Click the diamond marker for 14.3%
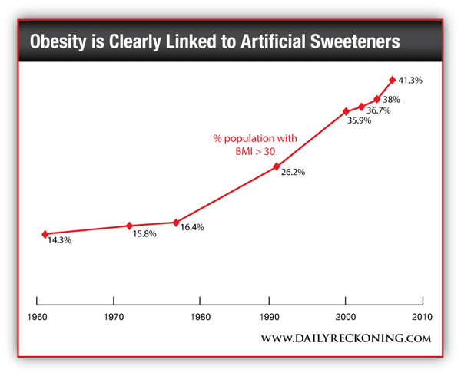[x=45, y=234]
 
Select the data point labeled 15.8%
[x=129, y=226]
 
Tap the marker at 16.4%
[x=177, y=222]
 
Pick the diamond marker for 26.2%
[x=276, y=167]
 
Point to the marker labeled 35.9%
[x=347, y=111]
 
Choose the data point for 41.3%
[x=393, y=79]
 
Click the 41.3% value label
[x=411, y=80]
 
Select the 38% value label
[x=392, y=100]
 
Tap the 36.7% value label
[x=378, y=110]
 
